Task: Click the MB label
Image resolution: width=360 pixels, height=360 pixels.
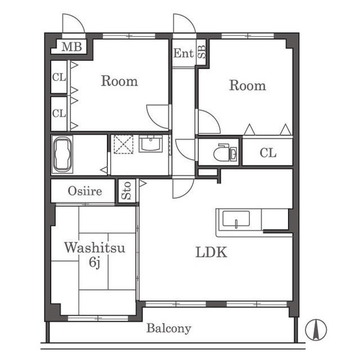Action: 71,47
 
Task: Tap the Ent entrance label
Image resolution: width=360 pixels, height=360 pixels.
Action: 183,53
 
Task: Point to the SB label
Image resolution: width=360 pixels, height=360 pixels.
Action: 202,52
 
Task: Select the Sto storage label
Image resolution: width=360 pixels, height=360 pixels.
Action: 126,191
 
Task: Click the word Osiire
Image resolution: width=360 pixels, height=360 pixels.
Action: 85,191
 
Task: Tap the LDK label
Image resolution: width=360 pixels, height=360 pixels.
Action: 211,252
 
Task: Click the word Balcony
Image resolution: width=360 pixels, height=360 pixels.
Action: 169,328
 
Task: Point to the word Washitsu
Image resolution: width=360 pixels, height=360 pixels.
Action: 95,247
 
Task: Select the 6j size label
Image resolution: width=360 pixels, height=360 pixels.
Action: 94,262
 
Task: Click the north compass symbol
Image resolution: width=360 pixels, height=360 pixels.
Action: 316,330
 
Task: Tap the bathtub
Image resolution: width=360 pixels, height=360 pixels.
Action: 62,155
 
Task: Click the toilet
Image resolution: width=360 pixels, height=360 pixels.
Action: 225,152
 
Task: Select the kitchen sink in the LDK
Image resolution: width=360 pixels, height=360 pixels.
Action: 236,219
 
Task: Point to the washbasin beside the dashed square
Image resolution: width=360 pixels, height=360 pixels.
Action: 151,143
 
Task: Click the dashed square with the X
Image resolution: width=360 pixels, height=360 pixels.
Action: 124,144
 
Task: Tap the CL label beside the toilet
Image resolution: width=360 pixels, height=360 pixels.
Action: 268,152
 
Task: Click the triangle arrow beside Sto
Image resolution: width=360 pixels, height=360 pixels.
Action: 143,183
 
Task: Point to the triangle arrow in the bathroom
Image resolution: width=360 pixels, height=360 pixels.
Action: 104,170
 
